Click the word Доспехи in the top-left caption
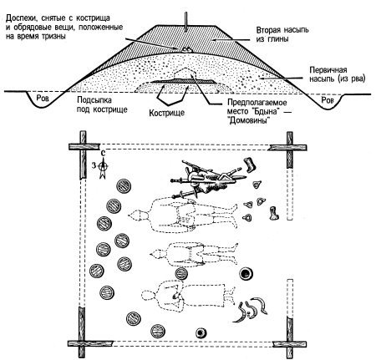[21, 18]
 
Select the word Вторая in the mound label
[268, 30]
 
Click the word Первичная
[328, 70]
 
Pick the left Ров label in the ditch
[43, 98]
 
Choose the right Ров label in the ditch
[328, 100]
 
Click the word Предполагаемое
[257, 103]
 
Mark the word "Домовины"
[249, 121]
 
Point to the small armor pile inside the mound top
[186, 49]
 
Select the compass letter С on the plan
[103, 153]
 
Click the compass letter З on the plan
[94, 165]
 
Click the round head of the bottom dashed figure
[148, 295]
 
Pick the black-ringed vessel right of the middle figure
[246, 274]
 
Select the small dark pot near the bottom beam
[201, 332]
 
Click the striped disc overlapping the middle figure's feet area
[181, 273]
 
